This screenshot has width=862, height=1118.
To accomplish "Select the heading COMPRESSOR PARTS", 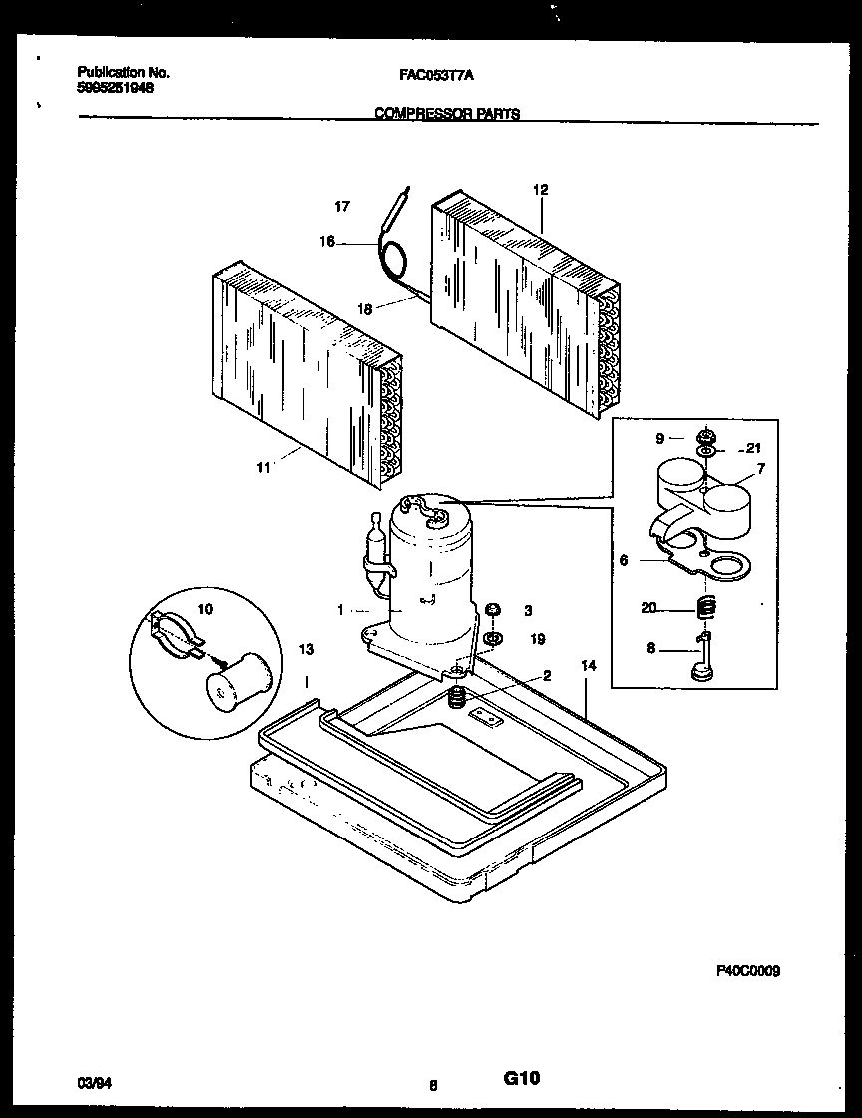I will coord(446,114).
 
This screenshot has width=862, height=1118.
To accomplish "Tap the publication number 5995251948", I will coord(115,86).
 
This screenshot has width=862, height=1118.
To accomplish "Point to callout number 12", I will coord(541,190).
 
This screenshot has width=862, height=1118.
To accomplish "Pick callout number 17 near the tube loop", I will coord(342,207).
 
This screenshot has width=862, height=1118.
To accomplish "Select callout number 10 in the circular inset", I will coord(205,608).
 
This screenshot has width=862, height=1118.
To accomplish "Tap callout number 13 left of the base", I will coord(307,650).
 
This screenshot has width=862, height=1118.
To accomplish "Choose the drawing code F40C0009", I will coord(747,969).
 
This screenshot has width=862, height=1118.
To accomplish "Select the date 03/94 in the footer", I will coord(91,1081).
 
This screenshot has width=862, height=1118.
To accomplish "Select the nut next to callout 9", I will coord(706,436).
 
